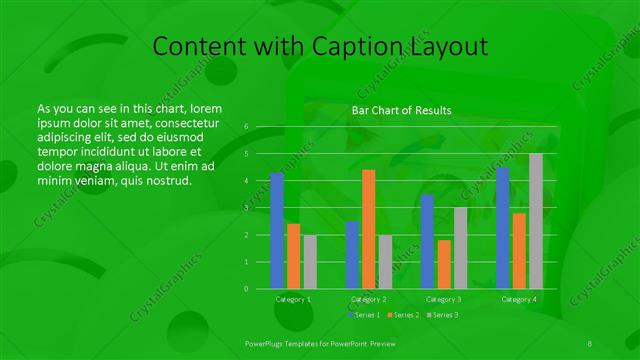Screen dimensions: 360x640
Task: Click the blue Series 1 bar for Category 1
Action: [277, 230]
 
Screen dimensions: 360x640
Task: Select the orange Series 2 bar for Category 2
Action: [368, 229]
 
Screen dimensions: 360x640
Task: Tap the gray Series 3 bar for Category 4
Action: [536, 221]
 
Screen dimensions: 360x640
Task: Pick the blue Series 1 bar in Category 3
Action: [427, 241]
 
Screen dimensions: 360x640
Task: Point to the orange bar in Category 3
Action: [444, 264]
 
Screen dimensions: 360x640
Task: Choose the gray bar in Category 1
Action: [310, 262]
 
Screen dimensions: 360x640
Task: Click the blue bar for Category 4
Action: [503, 228]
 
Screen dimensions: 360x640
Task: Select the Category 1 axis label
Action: [293, 299]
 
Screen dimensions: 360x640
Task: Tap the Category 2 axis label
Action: [368, 299]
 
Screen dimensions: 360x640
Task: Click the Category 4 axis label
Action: [519, 299]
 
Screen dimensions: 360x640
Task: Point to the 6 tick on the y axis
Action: [245, 127]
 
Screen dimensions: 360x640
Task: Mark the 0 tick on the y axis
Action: [245, 289]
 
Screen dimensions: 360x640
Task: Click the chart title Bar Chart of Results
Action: [401, 110]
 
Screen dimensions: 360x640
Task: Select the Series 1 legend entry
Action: [365, 315]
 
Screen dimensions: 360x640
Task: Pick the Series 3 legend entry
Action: [443, 315]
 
